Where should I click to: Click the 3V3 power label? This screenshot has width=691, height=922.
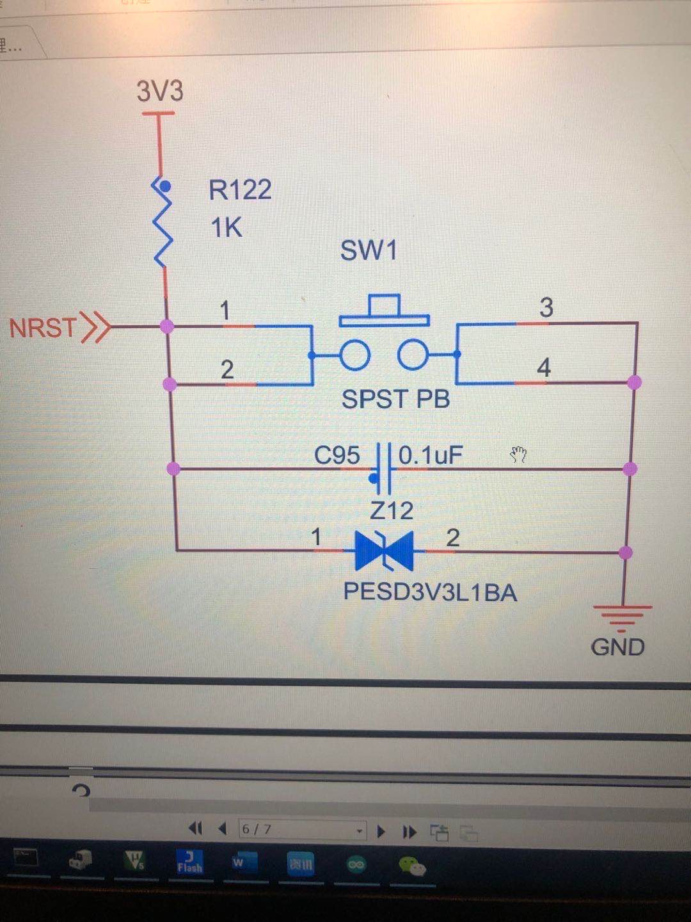(160, 91)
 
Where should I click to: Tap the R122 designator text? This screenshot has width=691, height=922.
(240, 190)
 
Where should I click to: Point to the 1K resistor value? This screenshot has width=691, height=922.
(226, 228)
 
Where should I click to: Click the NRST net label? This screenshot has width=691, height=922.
(44, 328)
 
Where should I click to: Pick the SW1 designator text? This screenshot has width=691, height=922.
(369, 250)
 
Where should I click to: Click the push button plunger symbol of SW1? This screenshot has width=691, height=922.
(384, 311)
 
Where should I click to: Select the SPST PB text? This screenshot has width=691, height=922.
(395, 400)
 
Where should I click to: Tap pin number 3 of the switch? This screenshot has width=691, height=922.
(546, 307)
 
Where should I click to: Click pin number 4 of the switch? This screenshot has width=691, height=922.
(544, 368)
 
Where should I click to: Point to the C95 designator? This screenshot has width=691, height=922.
(337, 455)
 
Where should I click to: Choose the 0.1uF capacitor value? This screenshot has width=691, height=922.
(430, 455)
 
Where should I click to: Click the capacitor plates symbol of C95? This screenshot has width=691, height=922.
(383, 469)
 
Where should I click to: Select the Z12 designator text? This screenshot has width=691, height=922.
(392, 511)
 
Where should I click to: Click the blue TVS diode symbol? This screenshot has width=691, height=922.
(384, 551)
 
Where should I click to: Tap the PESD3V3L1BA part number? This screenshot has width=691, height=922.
(430, 592)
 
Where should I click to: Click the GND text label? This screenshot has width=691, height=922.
(617, 647)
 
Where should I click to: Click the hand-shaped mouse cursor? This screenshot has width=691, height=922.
(518, 455)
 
